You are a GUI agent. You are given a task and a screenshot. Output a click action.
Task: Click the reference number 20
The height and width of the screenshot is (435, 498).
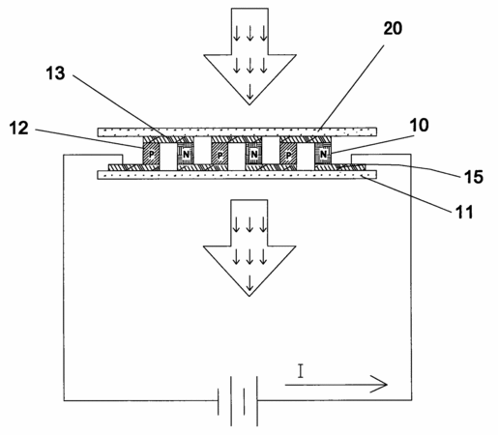coord(393,28)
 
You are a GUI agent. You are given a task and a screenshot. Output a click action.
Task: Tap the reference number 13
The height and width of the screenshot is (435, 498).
coord(55,73)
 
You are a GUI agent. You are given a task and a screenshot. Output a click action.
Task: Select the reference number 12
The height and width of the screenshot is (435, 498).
coord(18,128)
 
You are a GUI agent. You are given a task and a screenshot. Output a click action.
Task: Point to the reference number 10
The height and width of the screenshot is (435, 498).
coord(419,125)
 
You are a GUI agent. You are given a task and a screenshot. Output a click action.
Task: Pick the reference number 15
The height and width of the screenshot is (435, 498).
coord(474,177)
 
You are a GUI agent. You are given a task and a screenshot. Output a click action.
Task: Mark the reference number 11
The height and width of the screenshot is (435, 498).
coord(464,212)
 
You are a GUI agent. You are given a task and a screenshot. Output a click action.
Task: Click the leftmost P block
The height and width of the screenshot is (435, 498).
coord(151,155)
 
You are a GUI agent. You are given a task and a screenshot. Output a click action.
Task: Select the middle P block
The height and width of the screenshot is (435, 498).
coord(220,155)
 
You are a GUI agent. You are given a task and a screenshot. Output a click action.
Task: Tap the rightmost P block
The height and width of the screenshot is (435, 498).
coord(288,155)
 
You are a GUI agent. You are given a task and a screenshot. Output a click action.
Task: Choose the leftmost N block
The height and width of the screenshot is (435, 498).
coord(186,155)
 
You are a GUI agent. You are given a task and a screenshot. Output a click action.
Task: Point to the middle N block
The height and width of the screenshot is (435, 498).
coord(254,155)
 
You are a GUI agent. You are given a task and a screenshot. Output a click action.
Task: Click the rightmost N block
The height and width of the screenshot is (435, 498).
coord(323,155)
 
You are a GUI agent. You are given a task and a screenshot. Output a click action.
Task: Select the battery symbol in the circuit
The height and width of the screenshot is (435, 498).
coord(238,401)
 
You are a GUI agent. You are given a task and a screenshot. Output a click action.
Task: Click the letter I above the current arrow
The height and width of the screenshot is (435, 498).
coord(301,371)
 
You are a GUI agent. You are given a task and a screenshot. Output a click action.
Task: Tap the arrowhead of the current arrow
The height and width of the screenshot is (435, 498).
coord(379,384)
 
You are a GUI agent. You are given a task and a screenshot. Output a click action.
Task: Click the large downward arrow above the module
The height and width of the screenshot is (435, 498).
coord(249,56)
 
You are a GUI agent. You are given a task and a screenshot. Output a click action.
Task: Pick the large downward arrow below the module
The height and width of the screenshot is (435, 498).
coord(249,247)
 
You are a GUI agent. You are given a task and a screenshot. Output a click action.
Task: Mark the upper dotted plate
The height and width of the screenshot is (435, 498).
coord(237,132)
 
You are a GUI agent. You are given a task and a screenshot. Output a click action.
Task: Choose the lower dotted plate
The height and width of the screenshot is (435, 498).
coord(237,175)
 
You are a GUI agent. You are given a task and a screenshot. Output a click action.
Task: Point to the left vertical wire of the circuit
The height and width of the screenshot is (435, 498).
coord(64,277)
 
